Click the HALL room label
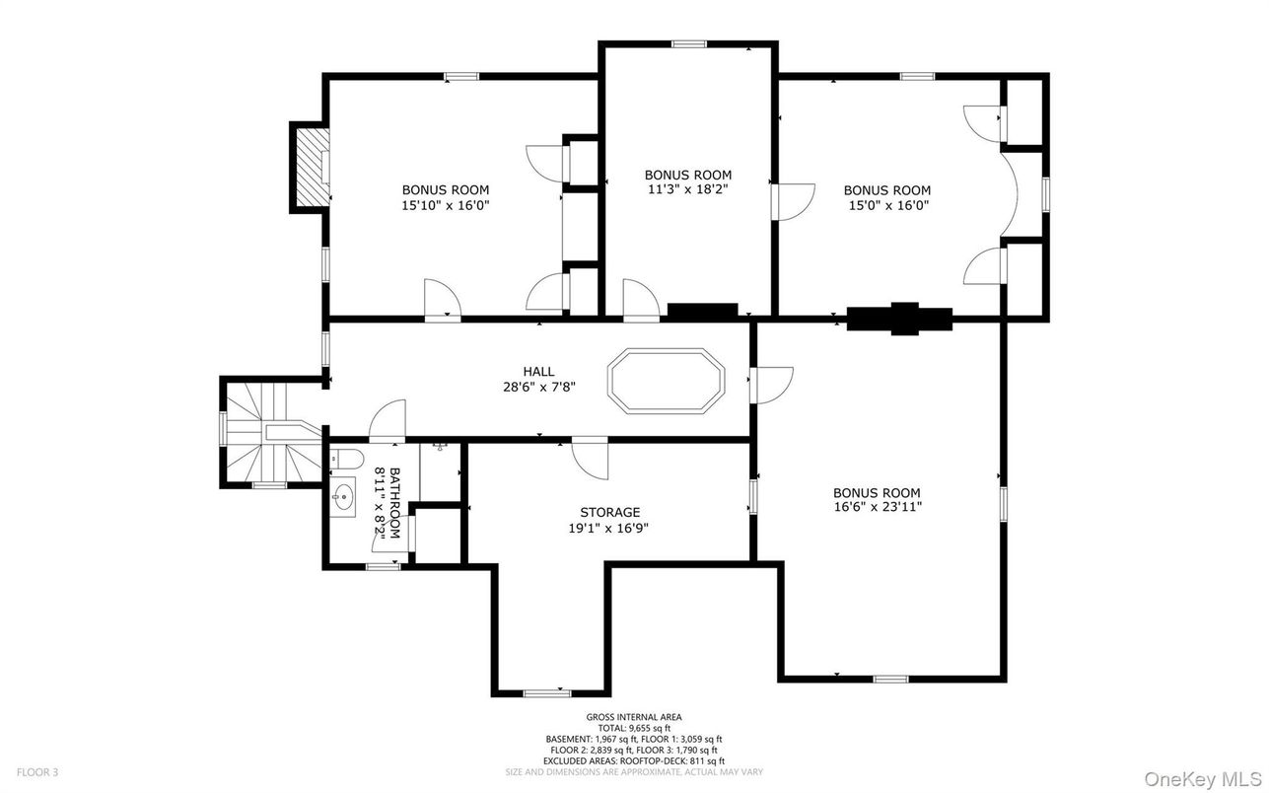click(x=538, y=372)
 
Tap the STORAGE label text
click(x=609, y=513)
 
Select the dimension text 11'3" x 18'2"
click(x=688, y=189)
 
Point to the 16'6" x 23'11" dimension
click(x=877, y=507)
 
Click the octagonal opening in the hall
click(x=666, y=381)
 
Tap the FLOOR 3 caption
click(x=37, y=772)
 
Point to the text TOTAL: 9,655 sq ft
click(x=634, y=728)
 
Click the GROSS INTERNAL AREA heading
click(x=634, y=717)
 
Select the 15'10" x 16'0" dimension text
click(x=446, y=205)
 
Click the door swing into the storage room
click(x=591, y=458)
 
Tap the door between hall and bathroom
click(x=388, y=420)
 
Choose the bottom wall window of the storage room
click(x=546, y=693)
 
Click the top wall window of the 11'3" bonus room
click(x=689, y=43)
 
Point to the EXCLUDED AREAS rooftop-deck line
click(x=634, y=761)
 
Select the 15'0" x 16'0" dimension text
click(x=887, y=205)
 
